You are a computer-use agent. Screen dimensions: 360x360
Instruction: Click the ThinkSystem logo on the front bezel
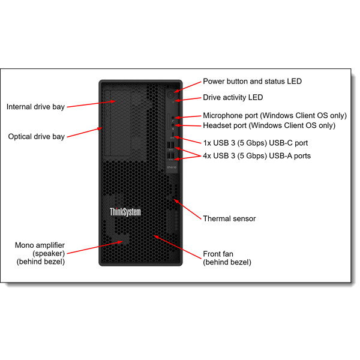125,211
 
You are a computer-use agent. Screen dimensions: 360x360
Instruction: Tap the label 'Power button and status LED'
252,81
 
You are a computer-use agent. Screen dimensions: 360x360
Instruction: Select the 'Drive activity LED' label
233,97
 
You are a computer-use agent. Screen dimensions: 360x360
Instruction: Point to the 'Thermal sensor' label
229,218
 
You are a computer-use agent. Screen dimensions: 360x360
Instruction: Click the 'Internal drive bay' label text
35,107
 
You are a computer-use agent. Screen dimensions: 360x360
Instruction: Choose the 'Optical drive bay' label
36,137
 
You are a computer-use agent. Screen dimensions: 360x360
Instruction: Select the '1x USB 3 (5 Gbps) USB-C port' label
255,143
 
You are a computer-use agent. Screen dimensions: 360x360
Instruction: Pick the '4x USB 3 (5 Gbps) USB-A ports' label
257,155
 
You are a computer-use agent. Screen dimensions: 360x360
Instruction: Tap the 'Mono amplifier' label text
40,245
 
